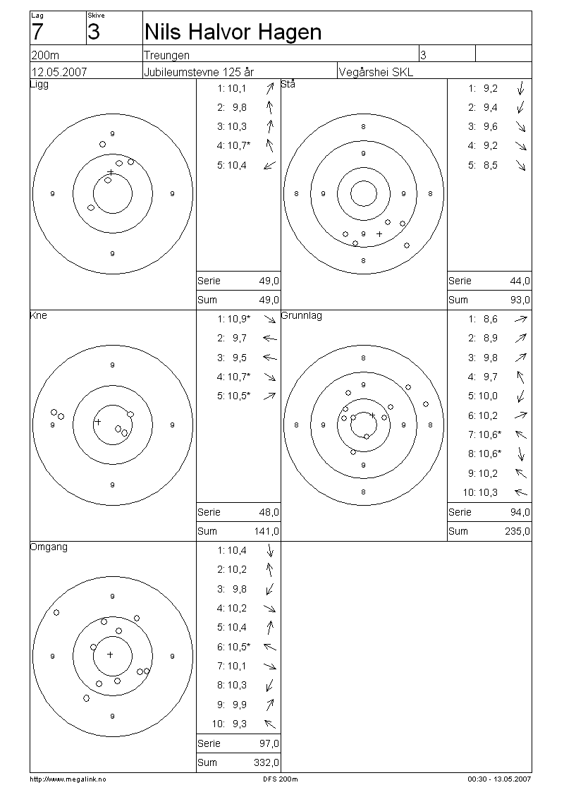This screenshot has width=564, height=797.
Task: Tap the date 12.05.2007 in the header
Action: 59,72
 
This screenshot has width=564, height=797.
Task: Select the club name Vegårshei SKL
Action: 376,72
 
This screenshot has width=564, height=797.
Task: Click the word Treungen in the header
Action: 166,55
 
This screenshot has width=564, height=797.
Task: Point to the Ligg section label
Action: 39,85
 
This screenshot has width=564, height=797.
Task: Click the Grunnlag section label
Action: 302,316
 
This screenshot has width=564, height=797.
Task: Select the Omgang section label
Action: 49,547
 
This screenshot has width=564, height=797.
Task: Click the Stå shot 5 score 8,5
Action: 491,165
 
